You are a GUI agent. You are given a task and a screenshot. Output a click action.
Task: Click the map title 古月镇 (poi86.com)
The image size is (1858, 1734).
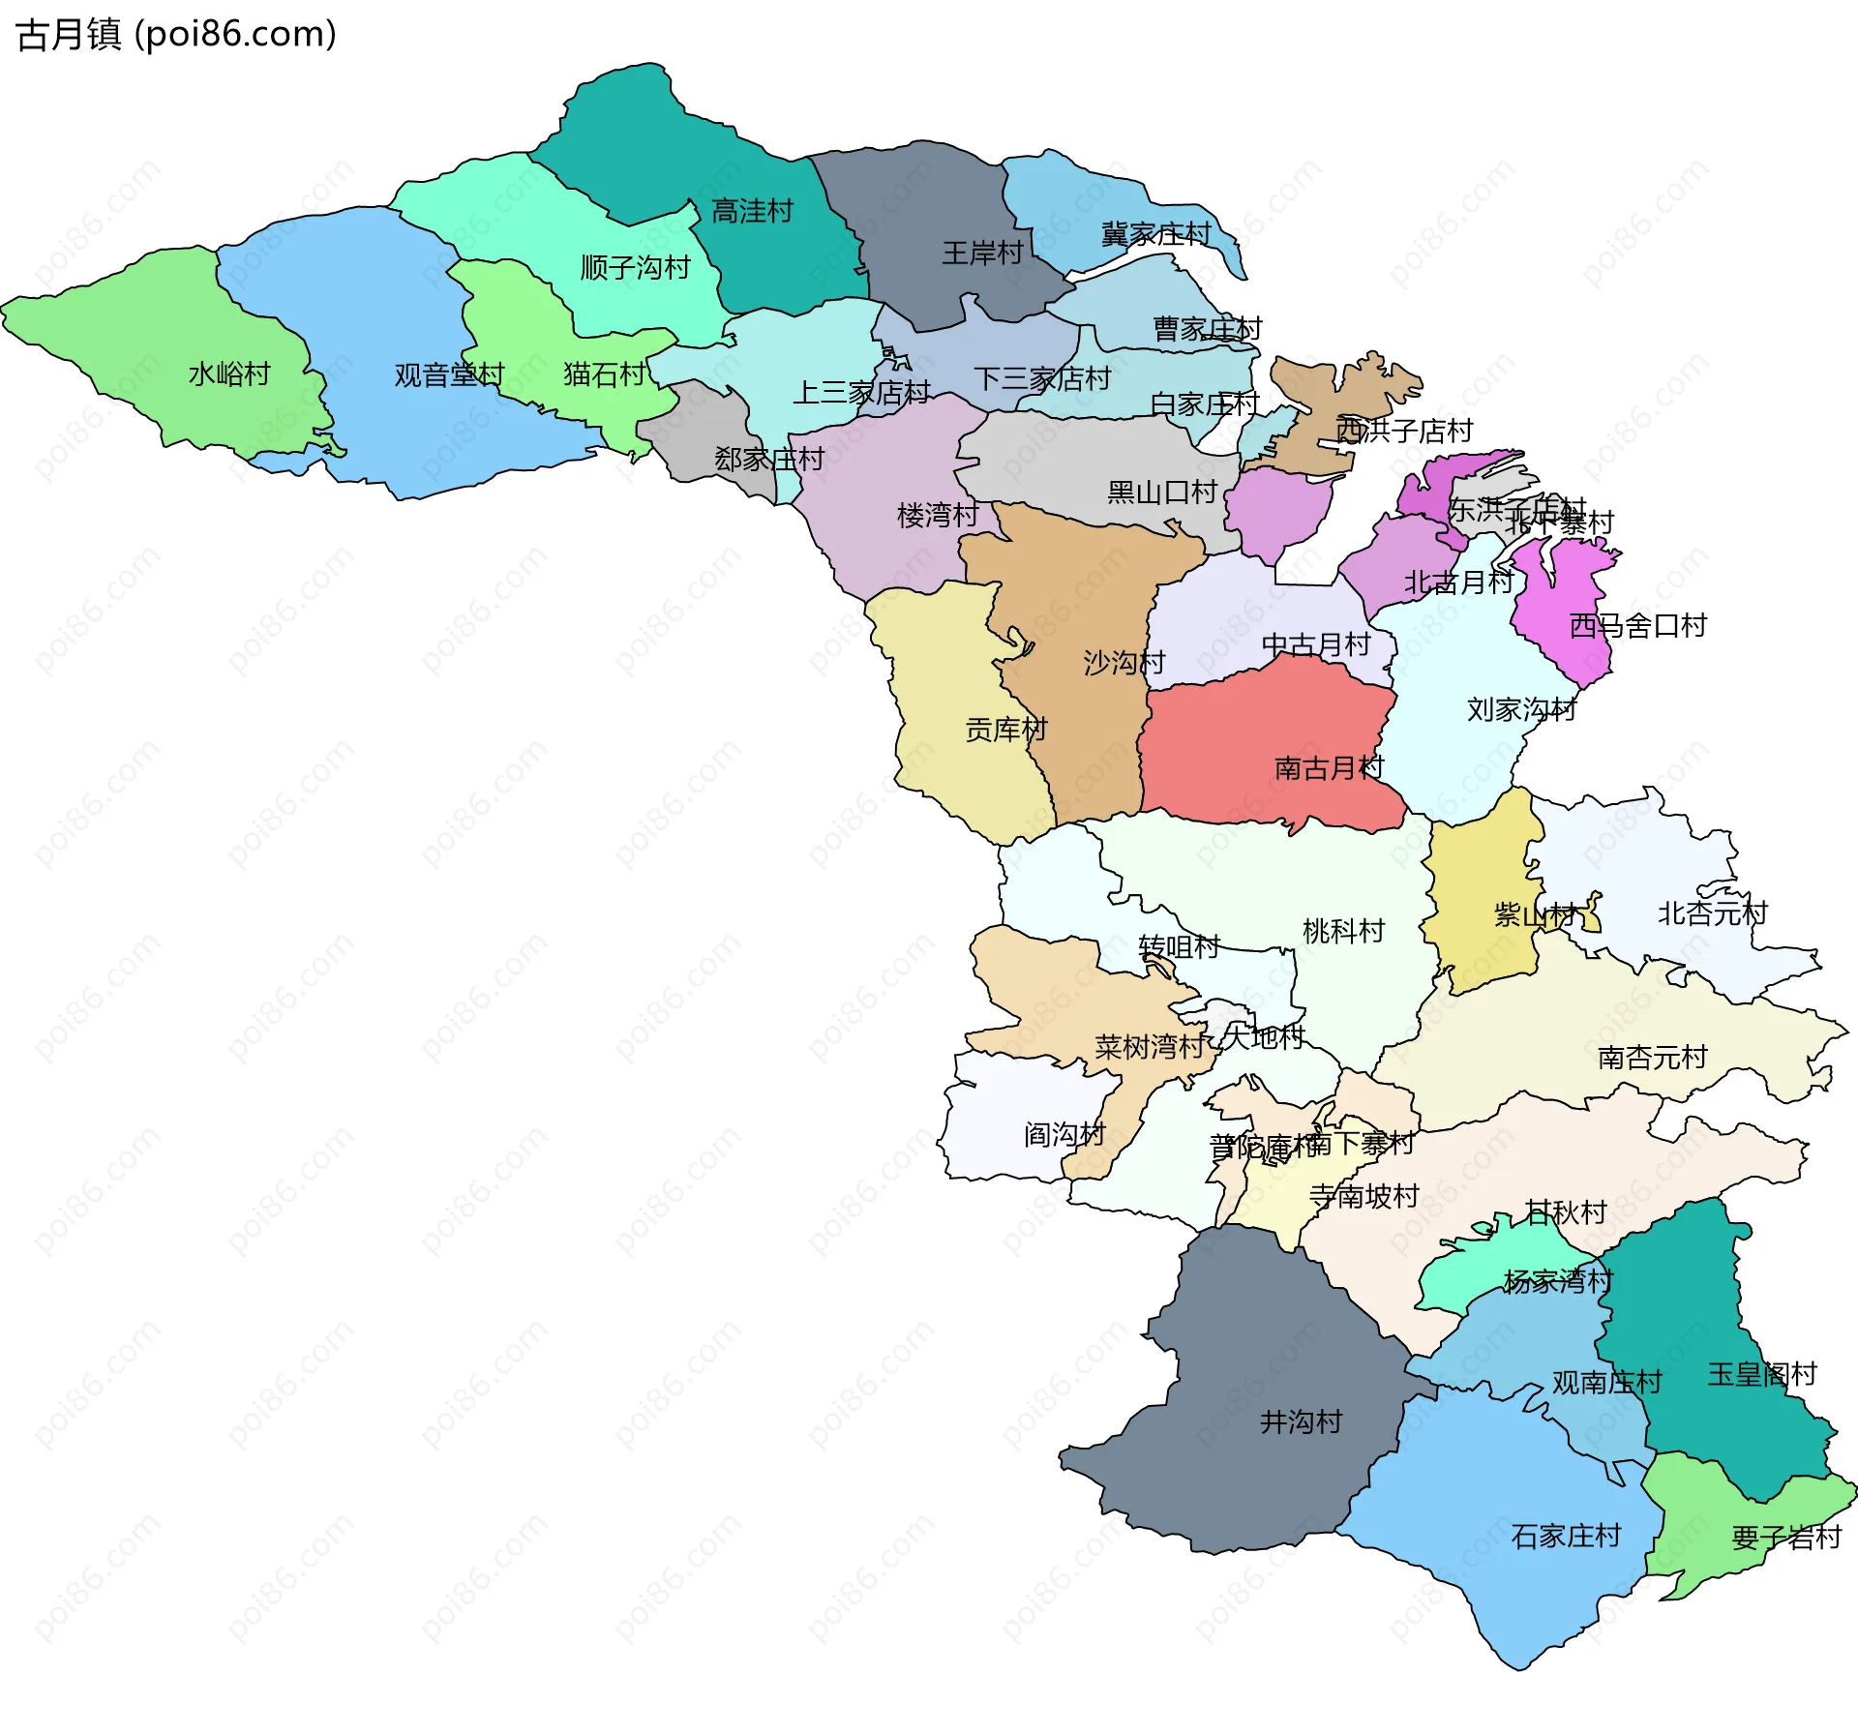pos(176,35)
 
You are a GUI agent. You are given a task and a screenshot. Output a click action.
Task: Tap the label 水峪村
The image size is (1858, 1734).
pos(229,374)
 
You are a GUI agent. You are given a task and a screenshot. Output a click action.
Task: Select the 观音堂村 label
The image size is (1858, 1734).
pos(449,375)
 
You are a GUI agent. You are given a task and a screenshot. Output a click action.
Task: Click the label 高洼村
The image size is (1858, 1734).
pos(752,211)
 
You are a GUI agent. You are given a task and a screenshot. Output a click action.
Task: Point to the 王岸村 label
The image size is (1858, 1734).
pos(982,254)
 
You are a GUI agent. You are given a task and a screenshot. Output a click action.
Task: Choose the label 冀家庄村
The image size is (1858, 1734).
pos(1155,234)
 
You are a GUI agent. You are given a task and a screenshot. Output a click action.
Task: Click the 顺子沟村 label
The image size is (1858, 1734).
pos(635,268)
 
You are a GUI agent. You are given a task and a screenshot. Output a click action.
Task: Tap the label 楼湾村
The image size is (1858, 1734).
pos(938,516)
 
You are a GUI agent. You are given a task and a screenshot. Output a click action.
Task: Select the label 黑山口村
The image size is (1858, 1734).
pos(1161,493)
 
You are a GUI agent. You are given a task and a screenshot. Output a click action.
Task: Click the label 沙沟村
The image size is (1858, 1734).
pos(1124,663)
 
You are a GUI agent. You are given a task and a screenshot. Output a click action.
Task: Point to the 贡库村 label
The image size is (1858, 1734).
pos(1006,730)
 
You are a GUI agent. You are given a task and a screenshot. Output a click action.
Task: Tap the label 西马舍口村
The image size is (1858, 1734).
pos(1637,626)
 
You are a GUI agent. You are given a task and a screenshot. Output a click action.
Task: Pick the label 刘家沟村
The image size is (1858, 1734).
pos(1521,710)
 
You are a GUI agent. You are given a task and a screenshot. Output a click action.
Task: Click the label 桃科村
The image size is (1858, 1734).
pos(1343,932)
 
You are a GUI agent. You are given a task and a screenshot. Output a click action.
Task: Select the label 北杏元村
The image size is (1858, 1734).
pos(1712,913)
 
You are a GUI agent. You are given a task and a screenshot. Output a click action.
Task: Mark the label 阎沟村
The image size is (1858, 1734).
pos(1064,1135)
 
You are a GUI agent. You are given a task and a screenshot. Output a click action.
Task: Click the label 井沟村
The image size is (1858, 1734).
pos(1301,1422)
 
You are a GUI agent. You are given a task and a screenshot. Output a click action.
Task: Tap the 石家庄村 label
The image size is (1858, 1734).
pos(1565,1537)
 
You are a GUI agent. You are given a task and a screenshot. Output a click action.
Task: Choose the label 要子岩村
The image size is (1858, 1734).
pos(1785,1538)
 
